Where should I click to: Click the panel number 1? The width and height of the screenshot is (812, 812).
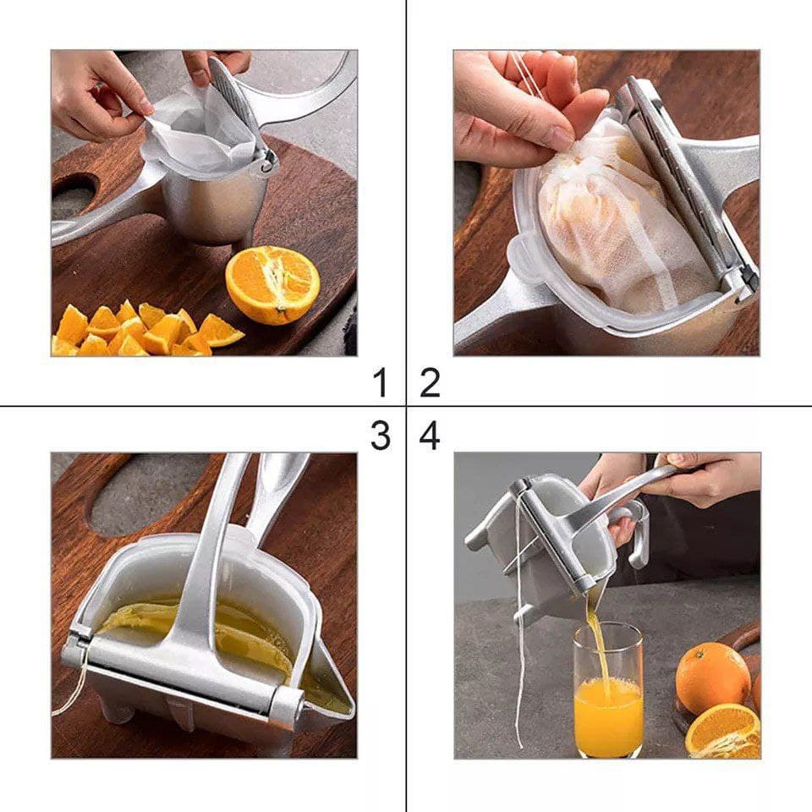click(381, 382)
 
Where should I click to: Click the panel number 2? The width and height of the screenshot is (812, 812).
click(430, 382)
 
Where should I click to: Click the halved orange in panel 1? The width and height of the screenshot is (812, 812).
click(272, 284)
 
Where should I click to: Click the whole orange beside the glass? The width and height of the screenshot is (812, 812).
click(713, 678)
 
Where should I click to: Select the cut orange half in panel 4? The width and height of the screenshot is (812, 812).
click(722, 731)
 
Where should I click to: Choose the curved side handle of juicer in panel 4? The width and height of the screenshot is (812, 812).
click(634, 531)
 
